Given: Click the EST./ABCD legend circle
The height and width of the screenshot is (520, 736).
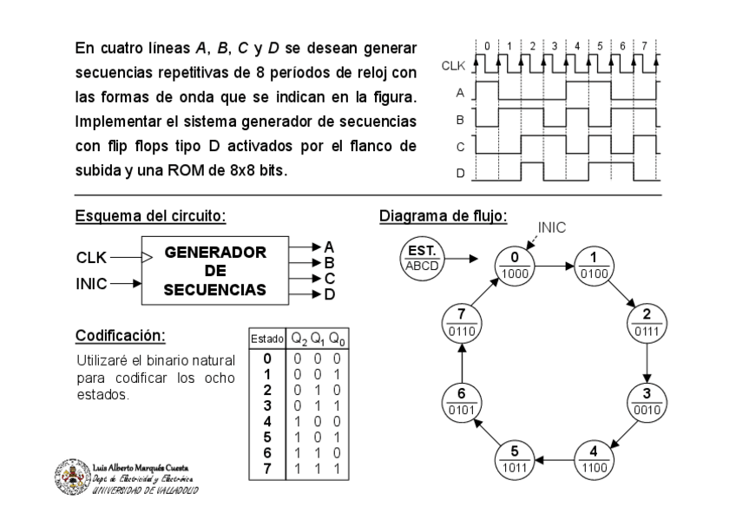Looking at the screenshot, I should [x=421, y=258].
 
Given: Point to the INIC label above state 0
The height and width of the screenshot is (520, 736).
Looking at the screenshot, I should [x=552, y=227].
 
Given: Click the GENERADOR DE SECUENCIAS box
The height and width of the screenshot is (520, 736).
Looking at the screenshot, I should [x=215, y=270].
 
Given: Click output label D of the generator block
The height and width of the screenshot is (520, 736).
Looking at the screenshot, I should [x=329, y=294].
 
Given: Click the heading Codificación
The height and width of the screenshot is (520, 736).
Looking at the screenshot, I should [x=120, y=334].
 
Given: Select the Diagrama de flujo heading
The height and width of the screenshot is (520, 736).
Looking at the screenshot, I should [x=444, y=215].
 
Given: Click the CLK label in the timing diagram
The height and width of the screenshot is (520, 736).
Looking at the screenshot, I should [x=453, y=64].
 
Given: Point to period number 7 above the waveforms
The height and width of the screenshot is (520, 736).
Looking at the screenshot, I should [x=644, y=44].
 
